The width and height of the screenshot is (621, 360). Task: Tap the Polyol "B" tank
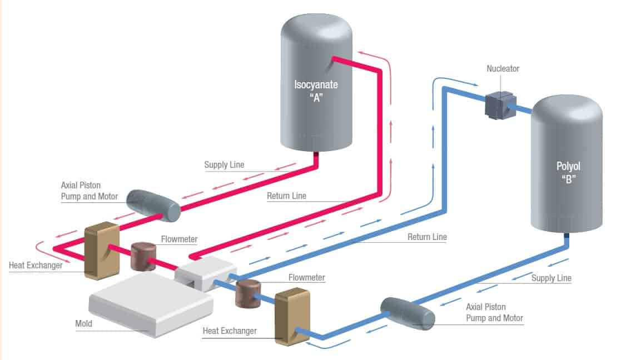(566, 167)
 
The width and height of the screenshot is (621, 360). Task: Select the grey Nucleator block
(499, 105)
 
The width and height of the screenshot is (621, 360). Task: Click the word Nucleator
(503, 69)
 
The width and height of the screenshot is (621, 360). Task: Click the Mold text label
(84, 323)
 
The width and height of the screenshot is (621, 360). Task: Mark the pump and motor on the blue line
(407, 314)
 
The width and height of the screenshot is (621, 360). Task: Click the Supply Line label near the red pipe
(224, 165)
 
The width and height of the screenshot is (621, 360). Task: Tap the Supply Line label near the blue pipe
(552, 278)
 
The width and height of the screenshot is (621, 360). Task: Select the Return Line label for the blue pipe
(427, 237)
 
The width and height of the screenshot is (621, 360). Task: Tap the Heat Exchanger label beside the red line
(36, 265)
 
